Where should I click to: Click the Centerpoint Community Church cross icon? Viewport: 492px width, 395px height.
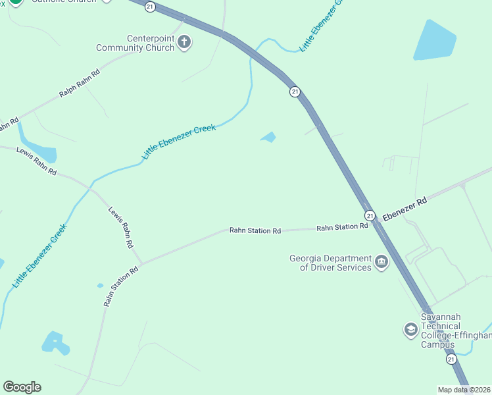(x=185, y=43)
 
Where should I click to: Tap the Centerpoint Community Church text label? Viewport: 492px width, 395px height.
(x=136, y=43)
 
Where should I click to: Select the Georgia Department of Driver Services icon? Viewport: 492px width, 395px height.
(x=381, y=263)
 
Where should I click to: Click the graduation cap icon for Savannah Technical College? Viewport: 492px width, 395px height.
(x=410, y=329)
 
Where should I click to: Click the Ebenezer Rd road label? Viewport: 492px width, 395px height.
(x=405, y=208)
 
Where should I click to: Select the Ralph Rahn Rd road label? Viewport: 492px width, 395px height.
(x=79, y=84)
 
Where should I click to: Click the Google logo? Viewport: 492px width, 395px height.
(x=22, y=387)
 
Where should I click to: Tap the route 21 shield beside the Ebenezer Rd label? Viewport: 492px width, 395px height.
(x=370, y=215)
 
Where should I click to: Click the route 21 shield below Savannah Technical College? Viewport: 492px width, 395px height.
(x=451, y=359)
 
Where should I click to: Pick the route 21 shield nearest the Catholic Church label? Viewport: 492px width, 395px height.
(x=151, y=6)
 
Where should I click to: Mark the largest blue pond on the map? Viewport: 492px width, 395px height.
(x=435, y=41)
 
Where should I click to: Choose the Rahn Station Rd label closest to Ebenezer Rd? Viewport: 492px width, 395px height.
(x=342, y=227)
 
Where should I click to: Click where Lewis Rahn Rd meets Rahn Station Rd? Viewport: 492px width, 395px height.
(x=140, y=263)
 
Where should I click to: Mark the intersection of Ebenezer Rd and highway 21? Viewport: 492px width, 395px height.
(x=376, y=222)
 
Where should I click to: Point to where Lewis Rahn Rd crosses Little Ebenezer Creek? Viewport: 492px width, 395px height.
(x=90, y=188)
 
